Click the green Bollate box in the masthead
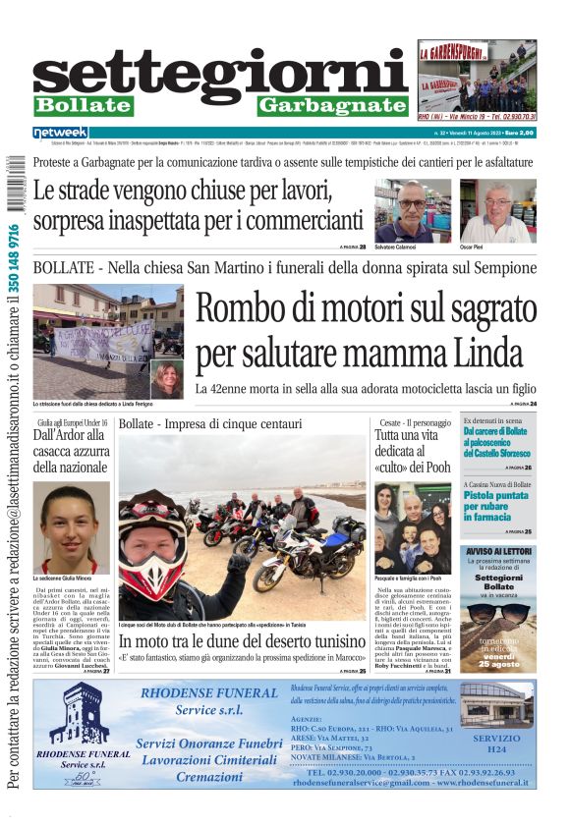[x=82, y=105]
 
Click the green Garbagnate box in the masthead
[x=332, y=105]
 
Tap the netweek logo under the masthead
[x=60, y=133]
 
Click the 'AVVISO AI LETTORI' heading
[x=499, y=552]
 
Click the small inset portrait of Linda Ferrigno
[x=166, y=378]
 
